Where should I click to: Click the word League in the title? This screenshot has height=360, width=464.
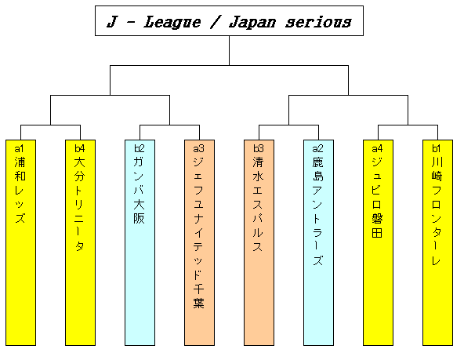[172, 22]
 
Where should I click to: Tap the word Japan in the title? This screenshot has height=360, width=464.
[252, 22]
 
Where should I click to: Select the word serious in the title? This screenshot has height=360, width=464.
[318, 22]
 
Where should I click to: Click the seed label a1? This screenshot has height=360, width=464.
[20, 148]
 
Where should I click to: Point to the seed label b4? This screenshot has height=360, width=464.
[79, 148]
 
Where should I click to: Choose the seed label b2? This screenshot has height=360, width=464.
[139, 148]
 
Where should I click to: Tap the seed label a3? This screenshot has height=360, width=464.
[198, 148]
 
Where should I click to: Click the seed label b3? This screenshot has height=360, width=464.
[258, 148]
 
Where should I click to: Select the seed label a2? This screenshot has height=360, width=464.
[317, 148]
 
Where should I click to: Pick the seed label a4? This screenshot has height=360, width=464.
[377, 148]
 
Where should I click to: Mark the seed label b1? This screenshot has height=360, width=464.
[437, 148]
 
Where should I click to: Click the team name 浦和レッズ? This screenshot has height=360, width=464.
[20, 190]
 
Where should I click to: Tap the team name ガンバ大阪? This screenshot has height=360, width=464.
[139, 190]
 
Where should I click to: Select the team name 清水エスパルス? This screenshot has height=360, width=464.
[258, 204]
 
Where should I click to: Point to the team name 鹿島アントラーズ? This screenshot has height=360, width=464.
[317, 211]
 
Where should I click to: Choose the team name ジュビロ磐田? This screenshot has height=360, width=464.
[377, 197]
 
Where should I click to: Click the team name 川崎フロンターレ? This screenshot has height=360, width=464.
[437, 211]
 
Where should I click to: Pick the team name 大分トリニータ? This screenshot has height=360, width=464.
[79, 204]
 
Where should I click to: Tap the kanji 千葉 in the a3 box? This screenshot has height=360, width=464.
[198, 296]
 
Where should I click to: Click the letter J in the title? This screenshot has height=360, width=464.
[112, 22]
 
